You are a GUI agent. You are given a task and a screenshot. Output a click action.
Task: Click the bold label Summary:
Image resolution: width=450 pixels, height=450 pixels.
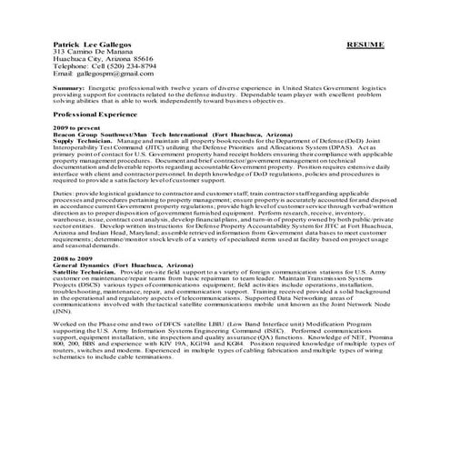(70, 89)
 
